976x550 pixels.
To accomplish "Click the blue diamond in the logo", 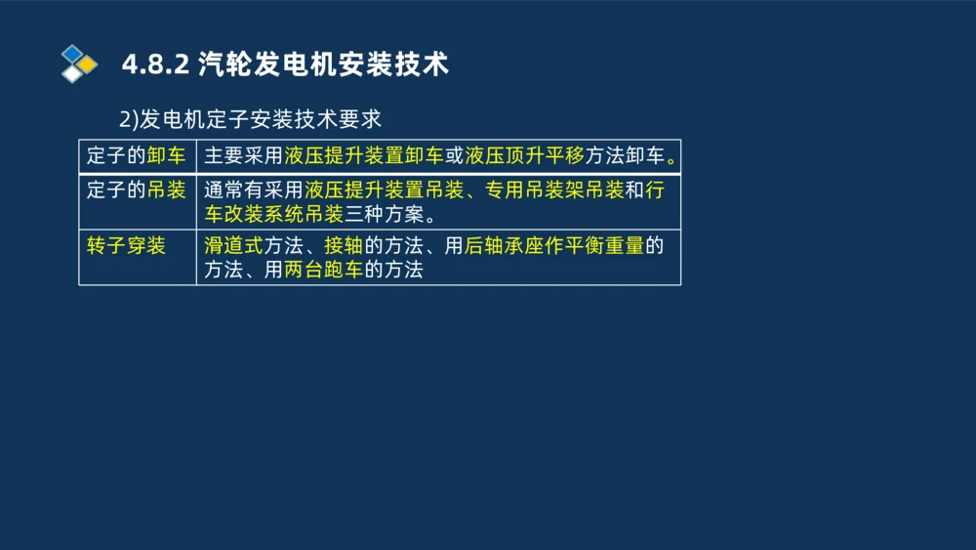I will (x=71, y=53).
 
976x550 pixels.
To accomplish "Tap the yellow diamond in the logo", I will (x=88, y=64).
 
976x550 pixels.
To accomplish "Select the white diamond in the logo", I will (x=71, y=74).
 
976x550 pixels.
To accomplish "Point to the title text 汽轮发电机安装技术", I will (x=323, y=64).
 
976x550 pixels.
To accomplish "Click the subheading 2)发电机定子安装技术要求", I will (x=250, y=119).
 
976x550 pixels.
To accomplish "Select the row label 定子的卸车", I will (x=136, y=156).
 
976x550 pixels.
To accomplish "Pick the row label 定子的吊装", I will (x=136, y=190).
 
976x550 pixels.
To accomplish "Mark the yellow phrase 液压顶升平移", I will (x=524, y=156).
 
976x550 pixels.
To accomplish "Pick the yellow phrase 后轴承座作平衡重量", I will (x=554, y=245).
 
